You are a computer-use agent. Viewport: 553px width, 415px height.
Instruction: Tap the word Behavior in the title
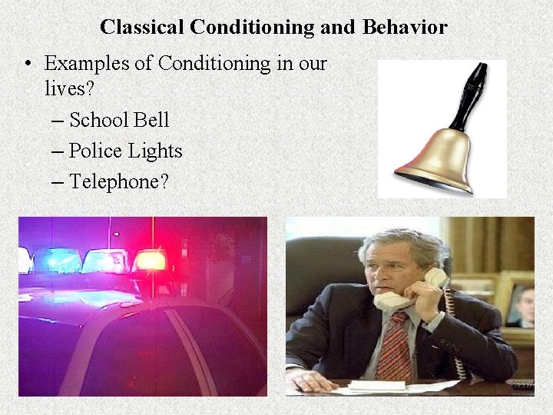click(x=405, y=28)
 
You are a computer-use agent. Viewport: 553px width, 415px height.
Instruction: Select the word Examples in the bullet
click(x=87, y=63)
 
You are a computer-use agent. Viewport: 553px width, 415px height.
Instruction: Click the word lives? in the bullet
click(x=69, y=88)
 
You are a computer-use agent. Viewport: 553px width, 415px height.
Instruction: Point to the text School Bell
click(x=119, y=121)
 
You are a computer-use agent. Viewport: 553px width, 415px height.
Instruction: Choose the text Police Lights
click(x=125, y=151)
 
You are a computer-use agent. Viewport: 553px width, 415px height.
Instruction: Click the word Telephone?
click(x=118, y=181)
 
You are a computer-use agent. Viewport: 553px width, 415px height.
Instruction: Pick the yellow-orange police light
click(x=149, y=261)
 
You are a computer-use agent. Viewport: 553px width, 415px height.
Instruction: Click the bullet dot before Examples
click(x=28, y=64)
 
